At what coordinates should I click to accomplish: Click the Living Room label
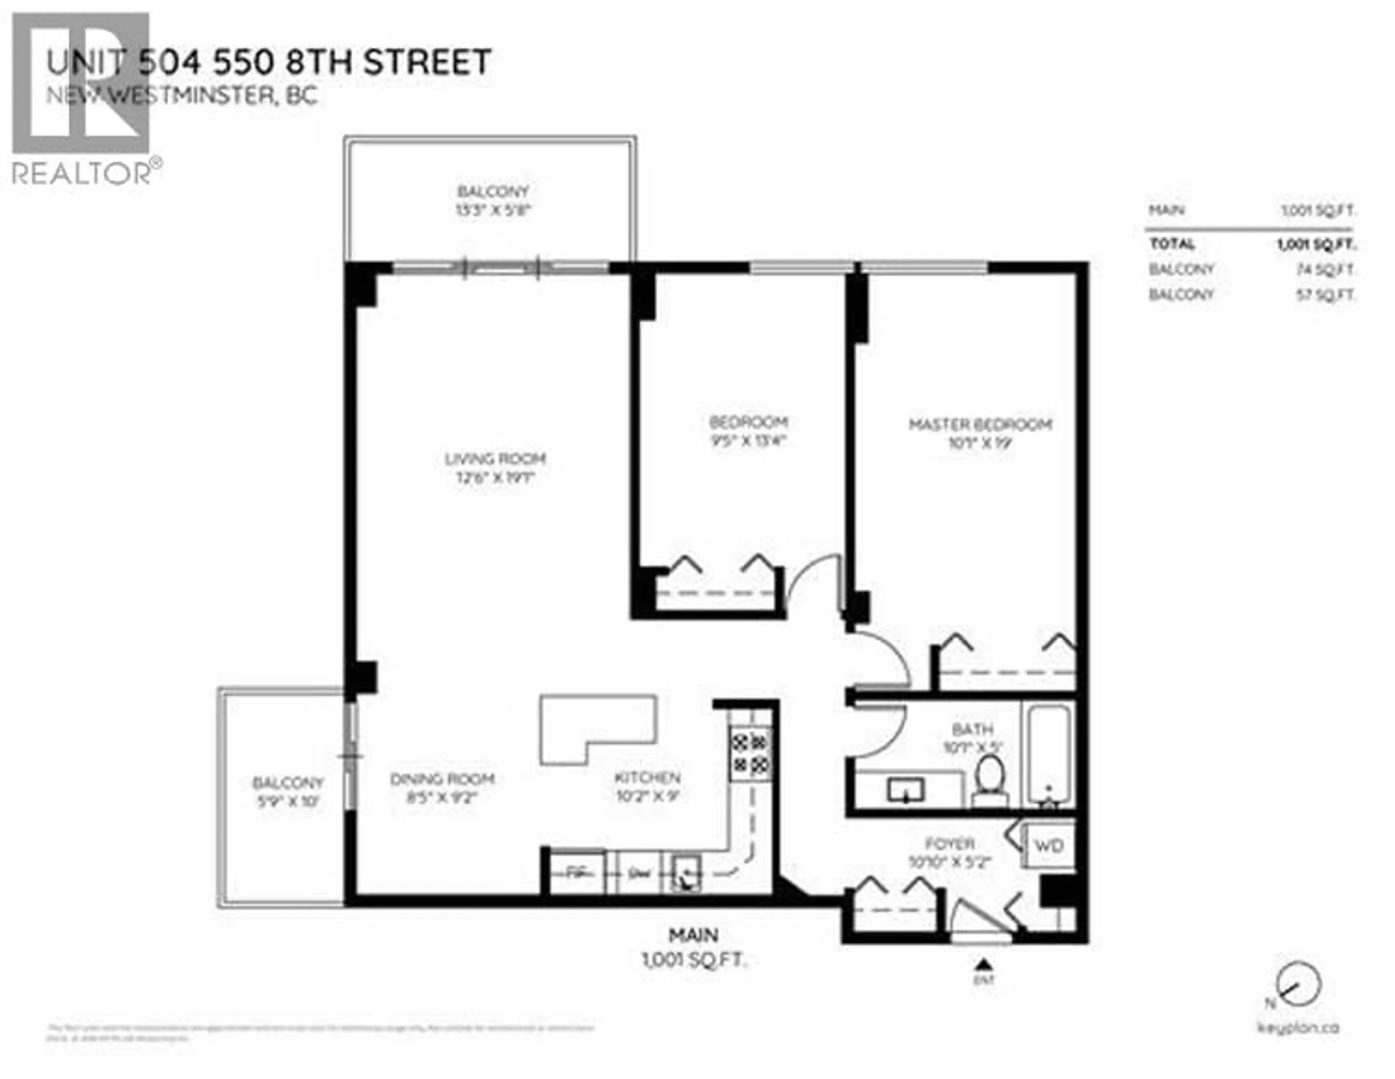tap(495, 459)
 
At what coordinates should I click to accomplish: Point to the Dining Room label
tap(442, 779)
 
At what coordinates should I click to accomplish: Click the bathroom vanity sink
tap(906, 790)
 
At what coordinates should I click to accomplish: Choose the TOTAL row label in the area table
tap(1172, 244)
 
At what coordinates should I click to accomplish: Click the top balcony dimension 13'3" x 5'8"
tap(493, 210)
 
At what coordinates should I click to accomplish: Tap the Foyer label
tap(949, 843)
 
